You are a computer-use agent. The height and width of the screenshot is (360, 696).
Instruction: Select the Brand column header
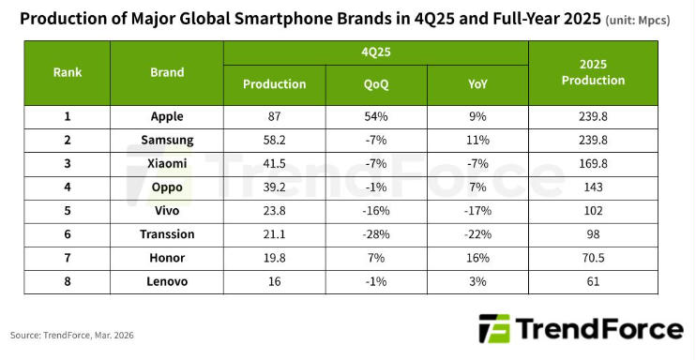point(167,71)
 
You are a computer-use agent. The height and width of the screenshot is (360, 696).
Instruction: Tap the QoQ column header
point(376,83)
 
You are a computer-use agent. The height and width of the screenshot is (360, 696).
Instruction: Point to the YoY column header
point(477,83)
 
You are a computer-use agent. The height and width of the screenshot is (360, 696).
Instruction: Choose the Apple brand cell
point(167,116)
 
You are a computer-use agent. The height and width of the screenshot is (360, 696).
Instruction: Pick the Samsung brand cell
point(167,139)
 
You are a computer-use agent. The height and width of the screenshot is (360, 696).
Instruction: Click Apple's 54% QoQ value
point(376,116)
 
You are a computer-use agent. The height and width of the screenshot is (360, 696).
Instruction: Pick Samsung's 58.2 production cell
point(274,139)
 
